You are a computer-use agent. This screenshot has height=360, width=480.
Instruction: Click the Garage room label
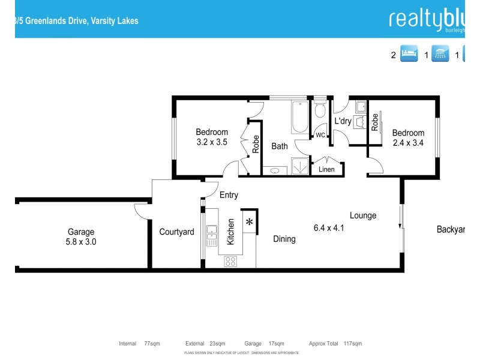(x=81, y=232)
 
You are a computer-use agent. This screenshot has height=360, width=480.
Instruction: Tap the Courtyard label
(x=176, y=232)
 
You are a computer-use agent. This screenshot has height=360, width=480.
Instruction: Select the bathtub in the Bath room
(x=298, y=118)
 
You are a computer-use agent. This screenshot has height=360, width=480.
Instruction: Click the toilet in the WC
(x=320, y=110)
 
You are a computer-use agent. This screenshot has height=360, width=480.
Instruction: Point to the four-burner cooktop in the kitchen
(x=231, y=261)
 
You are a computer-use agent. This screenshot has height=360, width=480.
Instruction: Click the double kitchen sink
(x=211, y=235)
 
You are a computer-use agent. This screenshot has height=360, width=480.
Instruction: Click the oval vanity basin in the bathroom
(x=274, y=170)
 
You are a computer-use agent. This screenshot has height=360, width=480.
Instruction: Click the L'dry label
(x=343, y=121)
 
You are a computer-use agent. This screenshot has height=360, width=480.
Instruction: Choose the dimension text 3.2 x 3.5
(x=212, y=142)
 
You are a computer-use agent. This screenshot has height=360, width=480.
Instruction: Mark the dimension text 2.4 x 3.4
(x=408, y=143)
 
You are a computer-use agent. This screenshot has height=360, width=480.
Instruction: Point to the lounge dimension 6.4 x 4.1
(x=329, y=227)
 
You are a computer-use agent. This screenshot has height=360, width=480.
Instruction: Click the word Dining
(x=284, y=239)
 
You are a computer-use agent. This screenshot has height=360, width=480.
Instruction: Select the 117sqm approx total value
(x=353, y=344)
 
